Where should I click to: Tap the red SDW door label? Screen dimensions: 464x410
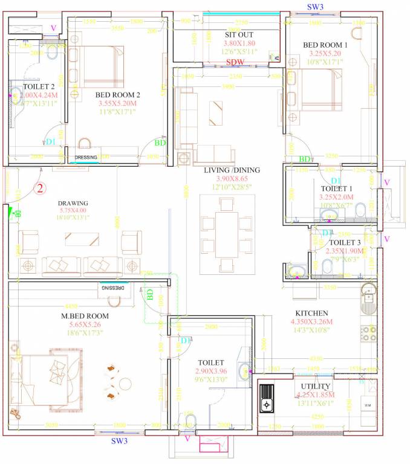tap(235, 62)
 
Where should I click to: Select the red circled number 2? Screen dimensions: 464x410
tap(41, 188)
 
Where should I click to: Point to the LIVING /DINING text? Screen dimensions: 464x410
tap(232, 170)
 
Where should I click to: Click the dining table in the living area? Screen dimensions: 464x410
tap(227, 233)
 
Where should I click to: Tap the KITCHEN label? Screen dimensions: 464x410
tap(311, 313)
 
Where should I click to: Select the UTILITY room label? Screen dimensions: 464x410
tap(315, 386)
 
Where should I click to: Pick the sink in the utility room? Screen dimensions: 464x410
tap(266, 398)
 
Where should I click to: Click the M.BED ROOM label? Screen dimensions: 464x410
tap(85, 316)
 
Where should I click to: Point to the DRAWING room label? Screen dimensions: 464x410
tap(73, 203)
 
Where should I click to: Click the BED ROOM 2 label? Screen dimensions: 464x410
tap(117, 95)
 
